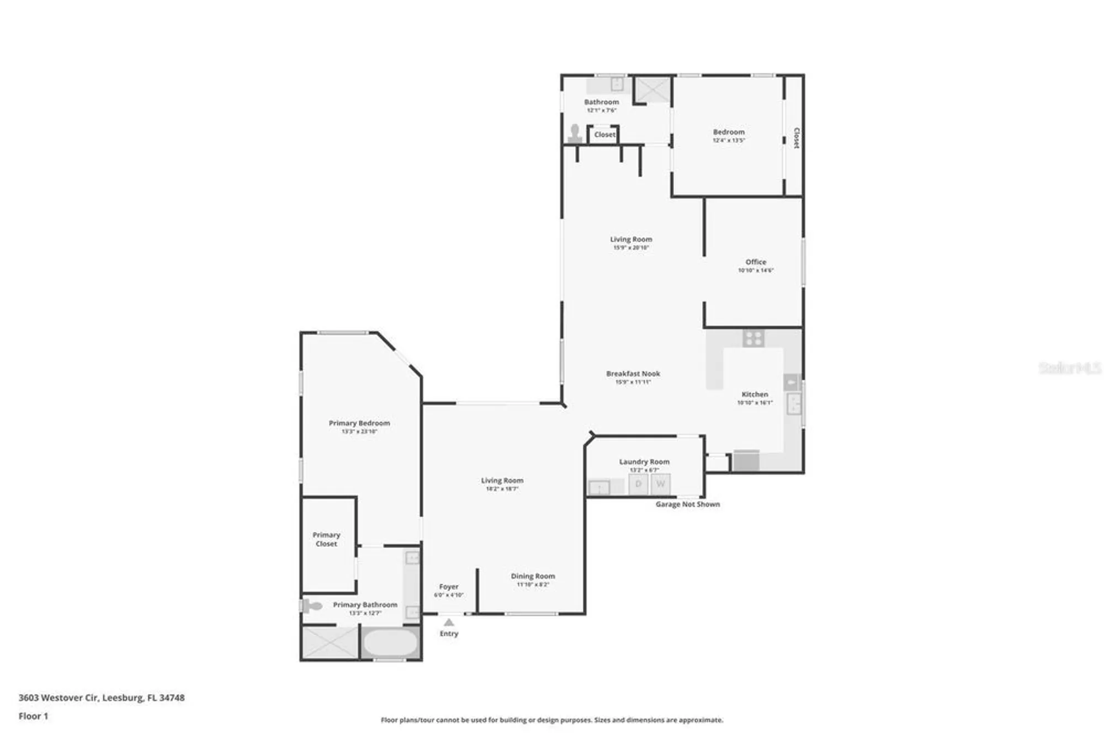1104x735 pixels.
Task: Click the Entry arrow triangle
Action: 449,622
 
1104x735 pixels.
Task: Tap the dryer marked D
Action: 638,484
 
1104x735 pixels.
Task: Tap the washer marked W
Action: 660,484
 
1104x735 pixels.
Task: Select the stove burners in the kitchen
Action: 753,338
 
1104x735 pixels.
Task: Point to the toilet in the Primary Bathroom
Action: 312,606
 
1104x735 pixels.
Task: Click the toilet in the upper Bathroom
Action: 575,134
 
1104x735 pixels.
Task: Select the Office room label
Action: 756,262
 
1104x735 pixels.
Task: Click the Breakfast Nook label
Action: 633,374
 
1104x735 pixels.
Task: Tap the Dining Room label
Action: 533,576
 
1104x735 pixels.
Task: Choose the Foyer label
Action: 449,587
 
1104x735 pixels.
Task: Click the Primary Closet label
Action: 326,539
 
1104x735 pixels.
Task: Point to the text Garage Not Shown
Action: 687,504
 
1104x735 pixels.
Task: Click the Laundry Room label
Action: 644,461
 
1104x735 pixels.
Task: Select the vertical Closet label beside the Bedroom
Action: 796,138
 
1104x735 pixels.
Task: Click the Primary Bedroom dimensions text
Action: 359,432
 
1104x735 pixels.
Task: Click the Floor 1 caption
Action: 33,716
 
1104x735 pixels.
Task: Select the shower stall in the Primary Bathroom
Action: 330,643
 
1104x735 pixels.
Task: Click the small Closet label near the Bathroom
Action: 604,135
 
